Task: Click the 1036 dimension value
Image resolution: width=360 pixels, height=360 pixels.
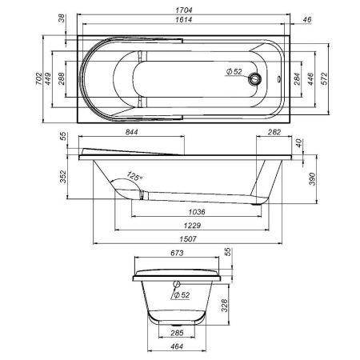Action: pyautogui.click(x=192, y=212)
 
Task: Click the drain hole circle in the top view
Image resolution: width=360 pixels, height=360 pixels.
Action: pyautogui.click(x=255, y=78)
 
